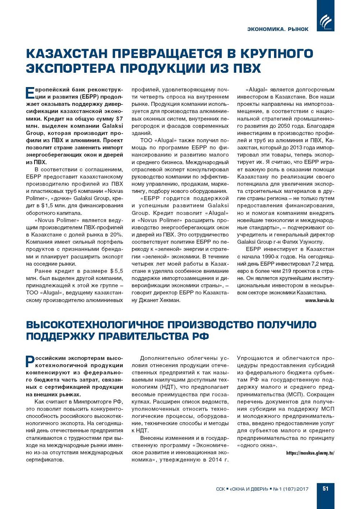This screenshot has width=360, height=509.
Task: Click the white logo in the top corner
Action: tap(325, 22)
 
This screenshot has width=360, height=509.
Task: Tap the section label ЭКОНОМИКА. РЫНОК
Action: tap(278, 29)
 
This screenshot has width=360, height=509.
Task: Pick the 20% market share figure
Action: tap(116, 234)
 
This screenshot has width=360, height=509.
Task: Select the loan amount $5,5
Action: tap(116, 271)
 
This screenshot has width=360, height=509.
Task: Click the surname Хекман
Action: tap(170, 300)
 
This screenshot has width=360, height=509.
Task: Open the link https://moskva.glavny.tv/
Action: tap(310, 453)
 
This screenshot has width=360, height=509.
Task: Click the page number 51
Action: tap(325, 489)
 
